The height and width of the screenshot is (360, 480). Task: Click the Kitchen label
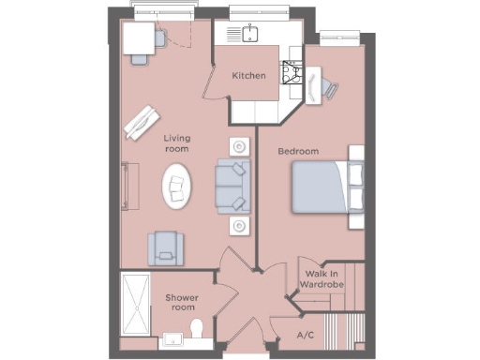click(x=249, y=76)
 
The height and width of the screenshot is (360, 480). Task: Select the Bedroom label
click(x=298, y=151)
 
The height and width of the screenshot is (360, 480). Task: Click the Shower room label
click(x=181, y=302)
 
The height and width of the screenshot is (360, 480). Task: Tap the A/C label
click(x=305, y=335)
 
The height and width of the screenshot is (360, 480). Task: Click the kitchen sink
click(x=249, y=35)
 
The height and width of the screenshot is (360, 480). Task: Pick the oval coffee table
click(x=177, y=187)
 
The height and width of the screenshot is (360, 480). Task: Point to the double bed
click(x=322, y=186)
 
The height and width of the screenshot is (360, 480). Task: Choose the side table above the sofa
click(x=240, y=147)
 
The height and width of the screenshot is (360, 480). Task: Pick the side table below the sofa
click(x=240, y=225)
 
